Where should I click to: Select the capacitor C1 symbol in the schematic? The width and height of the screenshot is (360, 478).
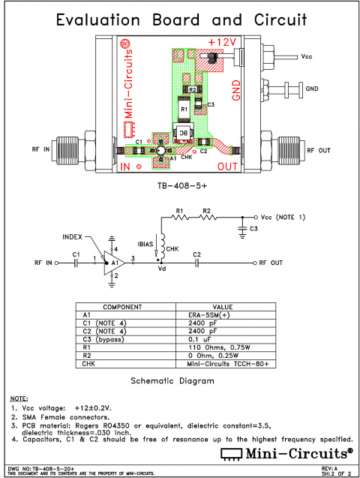[x=76, y=263]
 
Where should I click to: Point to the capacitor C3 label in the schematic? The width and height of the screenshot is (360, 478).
[x=253, y=228]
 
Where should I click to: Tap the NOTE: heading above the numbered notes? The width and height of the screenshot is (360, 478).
[x=19, y=397]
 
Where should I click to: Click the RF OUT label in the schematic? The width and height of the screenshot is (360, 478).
[x=271, y=263]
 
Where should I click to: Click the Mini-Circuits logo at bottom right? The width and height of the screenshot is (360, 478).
[x=285, y=453]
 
